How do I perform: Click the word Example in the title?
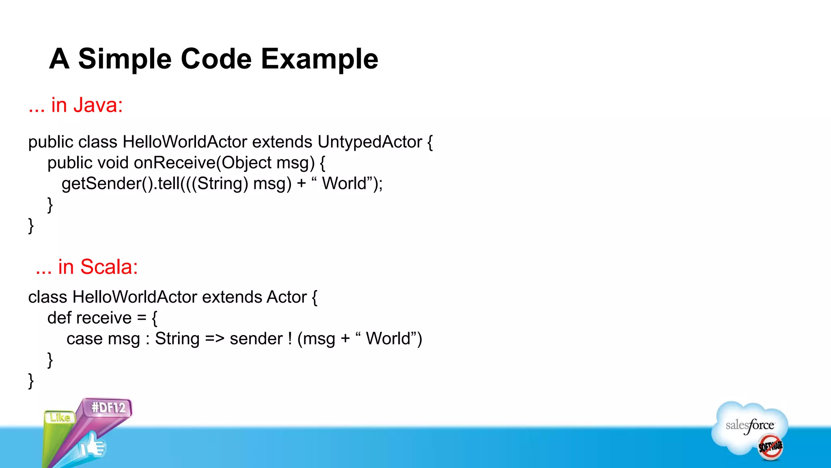tap(319, 59)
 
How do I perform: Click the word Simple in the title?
tap(125, 59)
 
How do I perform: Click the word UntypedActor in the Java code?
tap(370, 142)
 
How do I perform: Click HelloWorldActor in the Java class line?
tap(185, 142)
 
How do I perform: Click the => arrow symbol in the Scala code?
tap(215, 339)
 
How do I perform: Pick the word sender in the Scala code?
tap(256, 339)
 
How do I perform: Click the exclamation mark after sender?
tap(290, 339)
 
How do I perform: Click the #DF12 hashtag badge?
tap(108, 407)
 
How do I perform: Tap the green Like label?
tap(60, 417)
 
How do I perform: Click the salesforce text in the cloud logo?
tap(749, 425)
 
